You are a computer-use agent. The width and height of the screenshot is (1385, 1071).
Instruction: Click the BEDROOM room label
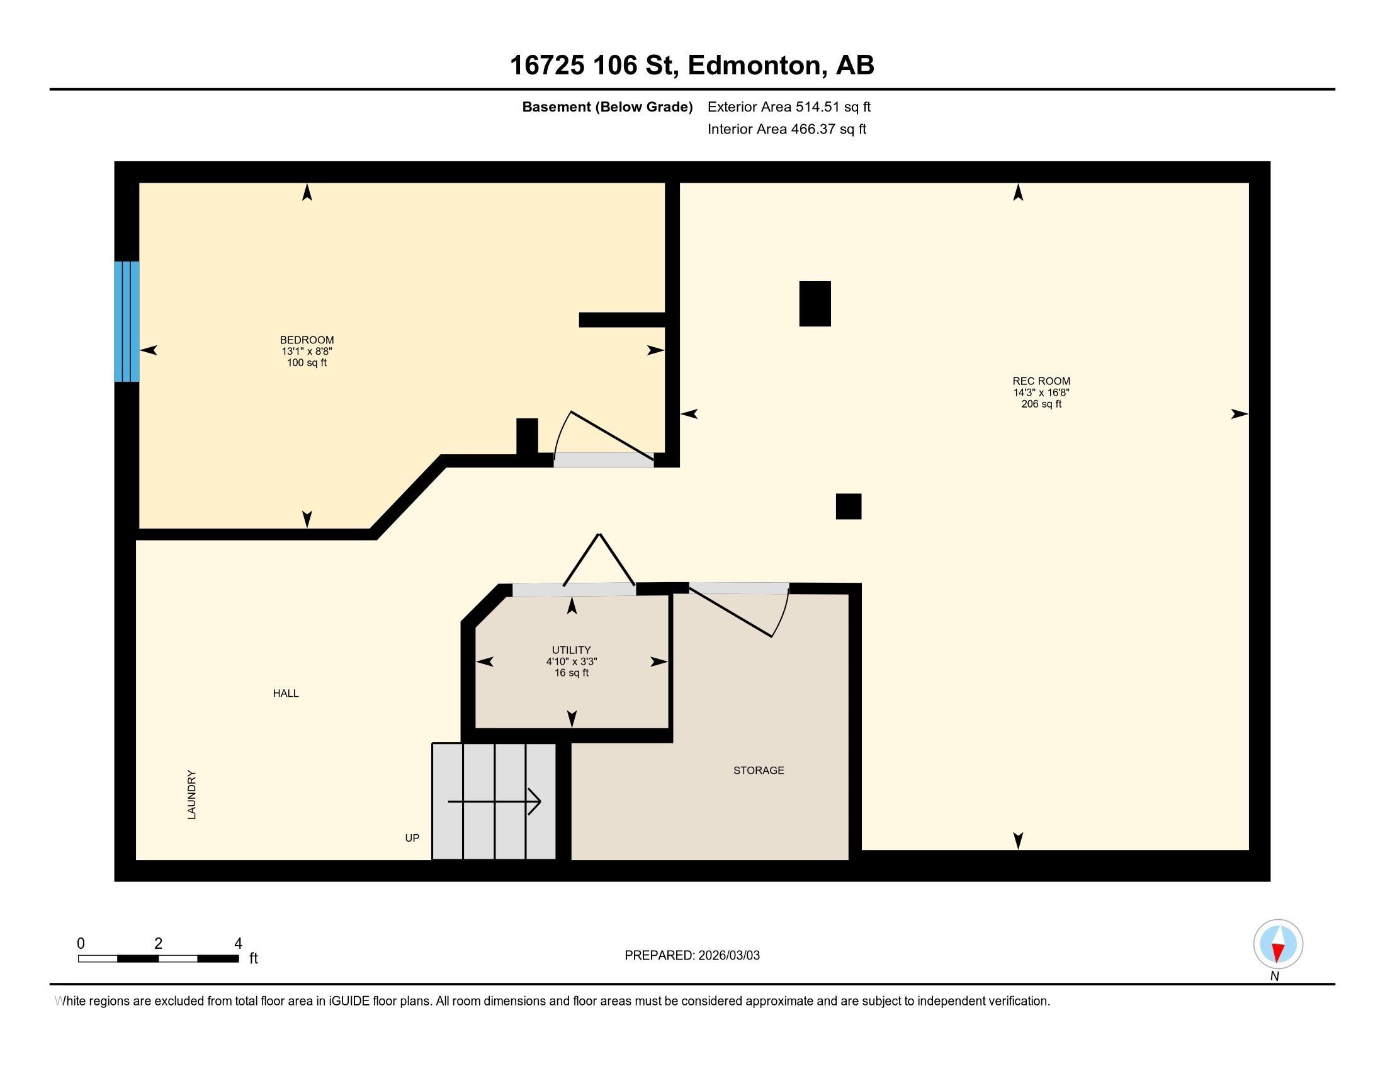tap(307, 340)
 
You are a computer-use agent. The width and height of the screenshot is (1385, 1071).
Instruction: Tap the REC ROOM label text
tap(1041, 381)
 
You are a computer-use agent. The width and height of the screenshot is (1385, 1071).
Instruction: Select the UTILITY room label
tap(571, 650)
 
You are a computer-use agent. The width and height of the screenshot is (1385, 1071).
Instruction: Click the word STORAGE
tap(759, 770)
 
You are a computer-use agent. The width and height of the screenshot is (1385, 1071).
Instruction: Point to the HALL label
tap(285, 694)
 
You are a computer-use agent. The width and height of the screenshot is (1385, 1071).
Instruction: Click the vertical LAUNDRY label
tap(191, 795)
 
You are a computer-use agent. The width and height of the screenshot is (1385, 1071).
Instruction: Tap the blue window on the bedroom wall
tap(127, 322)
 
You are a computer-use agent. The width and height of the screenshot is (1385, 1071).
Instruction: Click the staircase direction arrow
tap(494, 802)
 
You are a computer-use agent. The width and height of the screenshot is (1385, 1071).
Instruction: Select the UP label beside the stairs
tap(412, 838)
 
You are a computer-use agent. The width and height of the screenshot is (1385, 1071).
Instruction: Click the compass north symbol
tap(1278, 944)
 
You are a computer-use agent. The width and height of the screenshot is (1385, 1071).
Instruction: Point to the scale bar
tap(159, 958)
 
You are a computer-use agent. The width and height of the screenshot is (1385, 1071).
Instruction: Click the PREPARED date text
tap(692, 956)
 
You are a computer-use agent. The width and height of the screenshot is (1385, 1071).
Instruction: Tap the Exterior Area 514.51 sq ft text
tap(789, 107)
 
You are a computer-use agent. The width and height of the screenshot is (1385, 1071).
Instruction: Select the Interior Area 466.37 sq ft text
tap(786, 129)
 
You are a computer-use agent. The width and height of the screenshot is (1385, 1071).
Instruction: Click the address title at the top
tap(692, 66)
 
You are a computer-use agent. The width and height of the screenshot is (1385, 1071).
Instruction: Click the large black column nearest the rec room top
tap(814, 304)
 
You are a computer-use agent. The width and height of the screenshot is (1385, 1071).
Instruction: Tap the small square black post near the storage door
tap(848, 507)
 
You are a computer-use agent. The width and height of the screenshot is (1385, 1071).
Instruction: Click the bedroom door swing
tap(602, 438)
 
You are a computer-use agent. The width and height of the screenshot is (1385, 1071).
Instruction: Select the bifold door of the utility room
tap(599, 561)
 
